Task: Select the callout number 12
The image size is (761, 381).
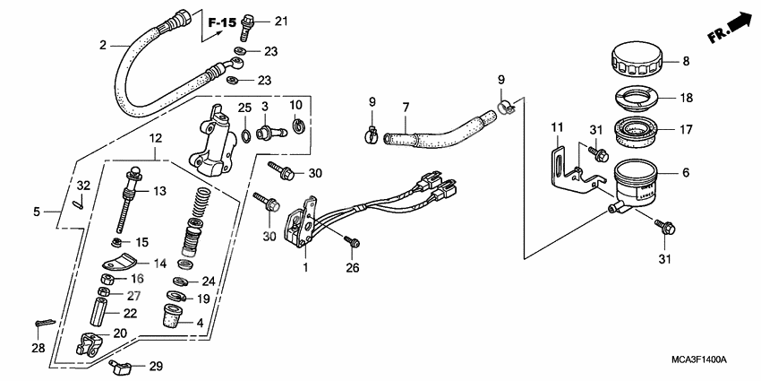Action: (155, 139)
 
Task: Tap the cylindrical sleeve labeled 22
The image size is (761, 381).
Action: (99, 314)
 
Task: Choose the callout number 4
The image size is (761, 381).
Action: (201, 323)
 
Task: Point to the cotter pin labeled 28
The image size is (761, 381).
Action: (44, 322)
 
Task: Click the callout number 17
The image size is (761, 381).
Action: (685, 129)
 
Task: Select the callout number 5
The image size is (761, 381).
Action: (37, 212)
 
